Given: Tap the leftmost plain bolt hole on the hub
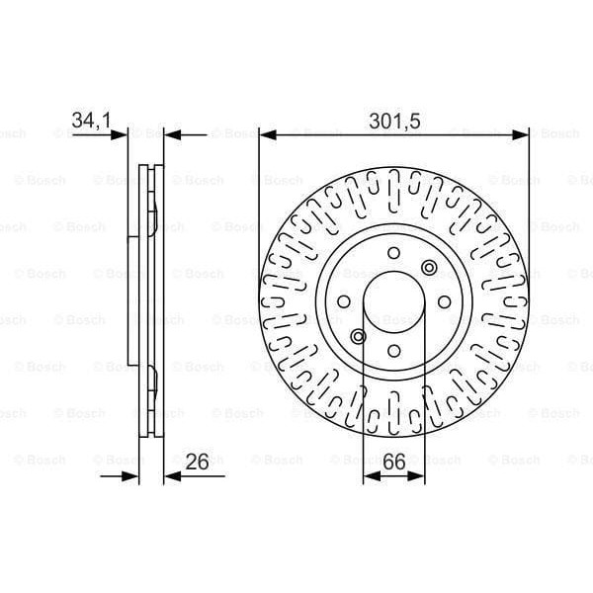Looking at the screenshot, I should [343, 302].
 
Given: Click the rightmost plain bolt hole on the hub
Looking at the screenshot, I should [445, 302].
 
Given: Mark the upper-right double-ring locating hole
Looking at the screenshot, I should [428, 267].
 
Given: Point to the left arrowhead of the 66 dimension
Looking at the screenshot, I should [369, 477].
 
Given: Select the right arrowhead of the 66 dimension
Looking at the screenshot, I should [420, 477].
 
